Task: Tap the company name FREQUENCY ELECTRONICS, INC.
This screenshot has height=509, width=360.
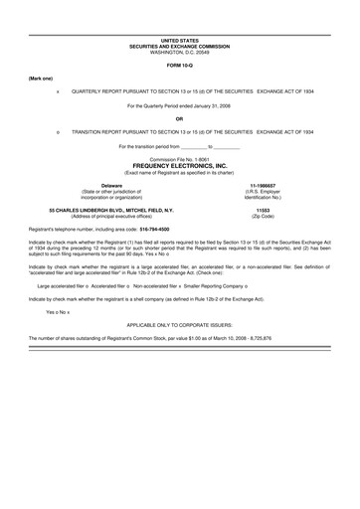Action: tap(180, 165)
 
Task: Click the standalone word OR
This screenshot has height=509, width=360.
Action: tap(179, 117)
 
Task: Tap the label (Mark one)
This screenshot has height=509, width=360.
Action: tap(41, 77)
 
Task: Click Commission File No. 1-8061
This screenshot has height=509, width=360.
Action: tap(179, 159)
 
